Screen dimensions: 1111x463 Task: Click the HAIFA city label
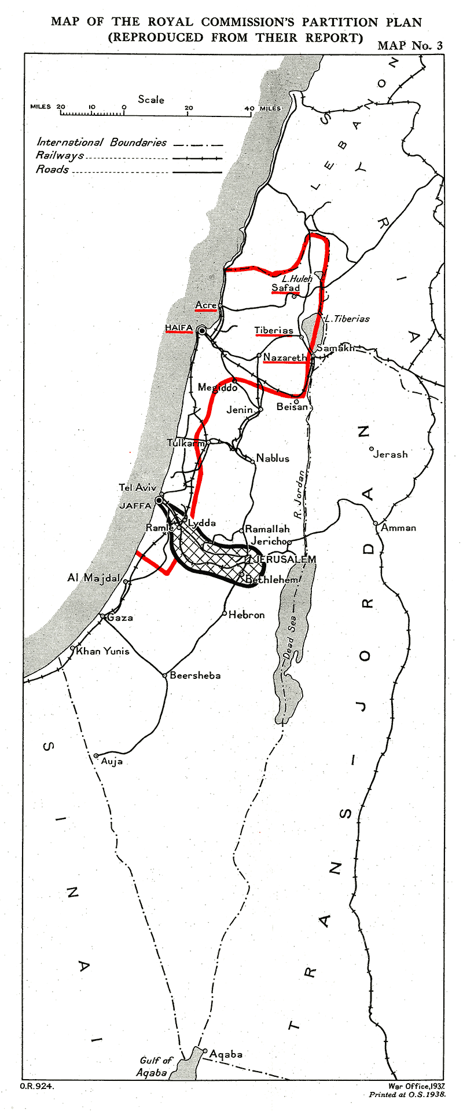179,328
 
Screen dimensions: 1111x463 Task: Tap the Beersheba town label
195,675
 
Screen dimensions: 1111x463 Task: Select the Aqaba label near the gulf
226,1054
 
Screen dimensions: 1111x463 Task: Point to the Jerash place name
390,454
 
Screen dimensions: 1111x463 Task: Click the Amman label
398,528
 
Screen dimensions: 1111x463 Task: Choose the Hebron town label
247,615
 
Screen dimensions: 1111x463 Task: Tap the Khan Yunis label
103,650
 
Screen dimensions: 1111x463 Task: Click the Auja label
112,761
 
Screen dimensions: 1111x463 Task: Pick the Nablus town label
273,458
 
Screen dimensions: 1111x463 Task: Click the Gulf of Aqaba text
155,1066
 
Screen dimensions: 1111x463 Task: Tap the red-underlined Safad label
286,287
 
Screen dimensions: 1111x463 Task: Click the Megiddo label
217,388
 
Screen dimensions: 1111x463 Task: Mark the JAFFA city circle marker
159,500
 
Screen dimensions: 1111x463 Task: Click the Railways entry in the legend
60,155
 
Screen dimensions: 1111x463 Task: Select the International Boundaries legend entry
101,142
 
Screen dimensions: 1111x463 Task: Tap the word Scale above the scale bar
151,100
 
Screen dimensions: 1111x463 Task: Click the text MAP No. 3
410,46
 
